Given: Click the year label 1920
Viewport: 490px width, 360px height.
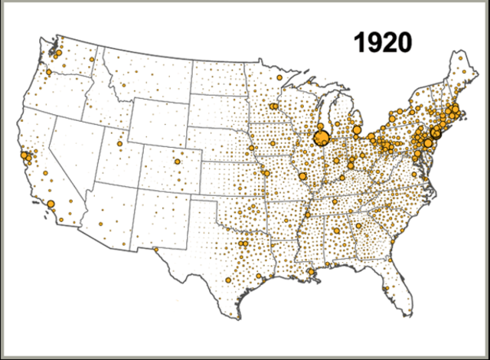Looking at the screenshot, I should point(382,43).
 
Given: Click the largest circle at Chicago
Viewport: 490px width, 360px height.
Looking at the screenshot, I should point(322,138).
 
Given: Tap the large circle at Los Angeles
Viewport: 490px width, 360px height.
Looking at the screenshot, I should point(51,204).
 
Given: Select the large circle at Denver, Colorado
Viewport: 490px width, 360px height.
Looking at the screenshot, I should point(178,162).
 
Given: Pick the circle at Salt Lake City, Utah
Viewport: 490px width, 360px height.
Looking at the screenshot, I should point(119,142).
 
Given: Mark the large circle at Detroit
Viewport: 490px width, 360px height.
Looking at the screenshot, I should point(357,130).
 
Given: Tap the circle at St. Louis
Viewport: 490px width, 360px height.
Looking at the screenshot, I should point(302,176).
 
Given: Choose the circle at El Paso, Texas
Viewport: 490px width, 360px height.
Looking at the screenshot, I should point(156,248).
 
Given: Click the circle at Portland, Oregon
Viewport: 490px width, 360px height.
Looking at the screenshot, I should point(48,73).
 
